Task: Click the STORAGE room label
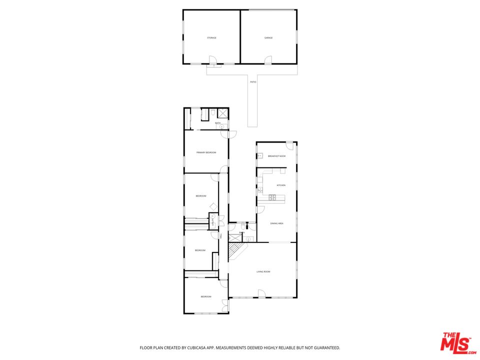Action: (212, 38)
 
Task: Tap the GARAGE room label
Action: (268, 38)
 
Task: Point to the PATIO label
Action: (253, 81)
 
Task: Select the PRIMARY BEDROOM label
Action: (206, 152)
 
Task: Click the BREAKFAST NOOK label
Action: (276, 156)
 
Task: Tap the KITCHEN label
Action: (281, 185)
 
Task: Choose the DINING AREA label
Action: (277, 223)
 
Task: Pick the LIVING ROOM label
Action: (263, 271)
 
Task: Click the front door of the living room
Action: (261, 293)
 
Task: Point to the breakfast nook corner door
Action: (289, 145)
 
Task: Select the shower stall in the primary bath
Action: (222, 113)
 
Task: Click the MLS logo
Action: (455, 342)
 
